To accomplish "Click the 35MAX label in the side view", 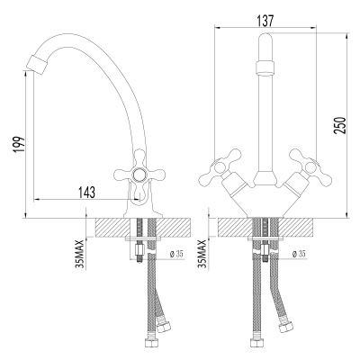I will pos(81,254).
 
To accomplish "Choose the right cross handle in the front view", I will pos(314,167).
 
